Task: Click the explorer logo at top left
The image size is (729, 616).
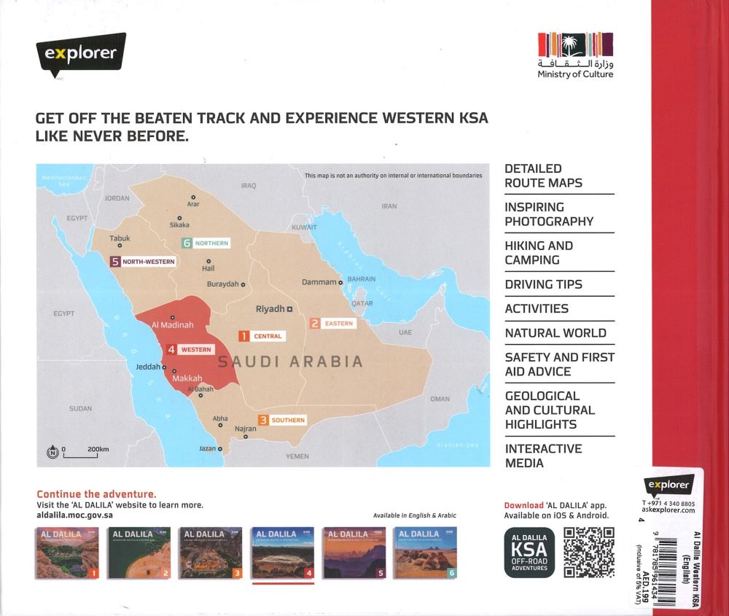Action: point(80,53)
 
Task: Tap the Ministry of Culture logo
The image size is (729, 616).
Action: point(575,55)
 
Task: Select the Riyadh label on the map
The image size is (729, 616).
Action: point(270,309)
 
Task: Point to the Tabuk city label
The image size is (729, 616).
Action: point(120,238)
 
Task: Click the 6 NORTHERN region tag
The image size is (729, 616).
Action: point(206,243)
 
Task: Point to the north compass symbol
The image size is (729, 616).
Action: point(52,452)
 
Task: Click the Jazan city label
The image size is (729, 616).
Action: point(208,449)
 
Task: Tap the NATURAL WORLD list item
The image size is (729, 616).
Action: point(555,333)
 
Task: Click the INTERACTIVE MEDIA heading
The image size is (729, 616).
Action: point(543,456)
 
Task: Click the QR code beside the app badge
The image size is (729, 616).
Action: point(588,552)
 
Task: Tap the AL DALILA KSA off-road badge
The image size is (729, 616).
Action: point(529,553)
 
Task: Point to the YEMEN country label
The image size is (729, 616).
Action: point(297,456)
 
